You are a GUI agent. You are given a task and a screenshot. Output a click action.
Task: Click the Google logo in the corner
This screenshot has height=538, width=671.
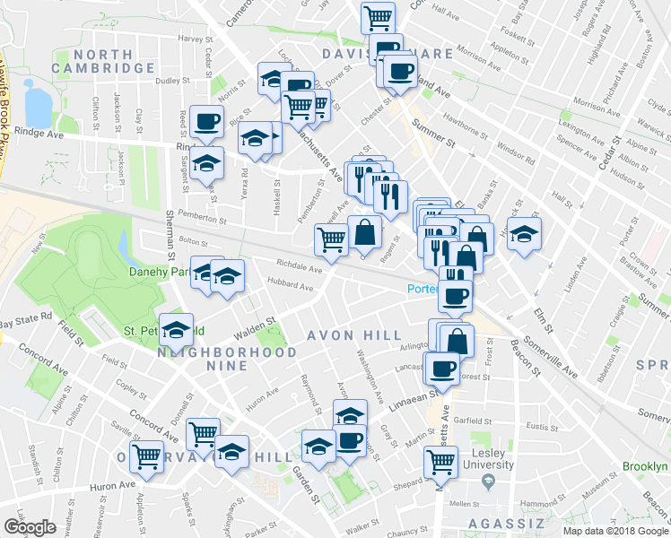click(30, 527)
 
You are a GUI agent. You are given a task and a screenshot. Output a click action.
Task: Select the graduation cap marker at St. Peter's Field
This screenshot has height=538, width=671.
click(177, 328)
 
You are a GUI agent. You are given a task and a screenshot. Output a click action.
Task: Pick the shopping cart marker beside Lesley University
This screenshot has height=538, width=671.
click(440, 462)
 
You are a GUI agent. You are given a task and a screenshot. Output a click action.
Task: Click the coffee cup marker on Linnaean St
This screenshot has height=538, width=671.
click(443, 368)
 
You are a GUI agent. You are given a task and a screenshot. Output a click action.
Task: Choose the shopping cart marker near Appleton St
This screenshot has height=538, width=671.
click(145, 456)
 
